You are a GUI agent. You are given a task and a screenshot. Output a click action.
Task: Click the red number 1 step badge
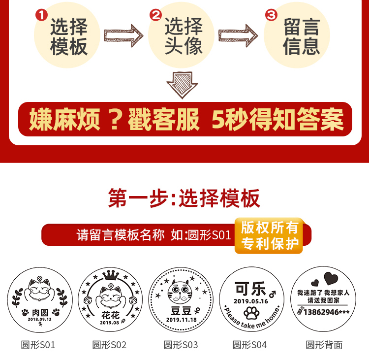point(41,15)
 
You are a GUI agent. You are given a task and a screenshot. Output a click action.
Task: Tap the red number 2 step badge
point(156,15)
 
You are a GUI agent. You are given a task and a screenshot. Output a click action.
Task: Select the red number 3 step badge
point(271,15)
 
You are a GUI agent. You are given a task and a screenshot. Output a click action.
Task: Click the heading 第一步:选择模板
point(184,198)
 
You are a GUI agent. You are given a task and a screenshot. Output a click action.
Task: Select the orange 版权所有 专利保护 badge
point(270,235)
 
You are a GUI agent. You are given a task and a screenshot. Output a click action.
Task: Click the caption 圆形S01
point(38,345)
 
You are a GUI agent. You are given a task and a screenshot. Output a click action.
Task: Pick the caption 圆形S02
point(109,345)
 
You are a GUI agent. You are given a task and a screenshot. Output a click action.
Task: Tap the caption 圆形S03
point(181,345)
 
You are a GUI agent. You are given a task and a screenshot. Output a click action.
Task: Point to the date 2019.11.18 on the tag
point(181,320)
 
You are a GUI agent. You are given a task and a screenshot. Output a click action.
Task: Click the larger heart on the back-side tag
point(332,278)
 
